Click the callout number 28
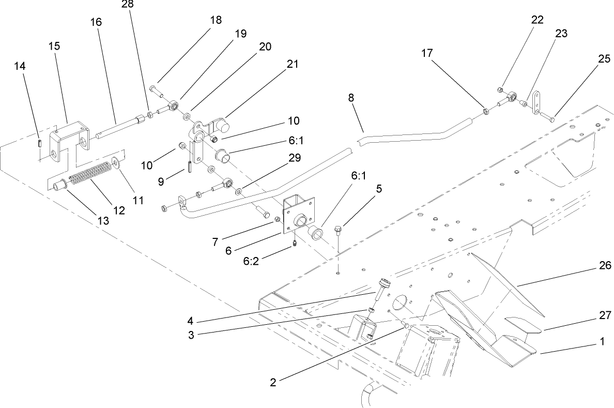pyautogui.click(x=127, y=5)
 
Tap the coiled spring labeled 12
pyautogui.click(x=91, y=174)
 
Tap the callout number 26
pyautogui.click(x=605, y=266)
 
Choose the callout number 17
pyautogui.click(x=427, y=53)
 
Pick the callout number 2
pyautogui.click(x=273, y=383)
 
